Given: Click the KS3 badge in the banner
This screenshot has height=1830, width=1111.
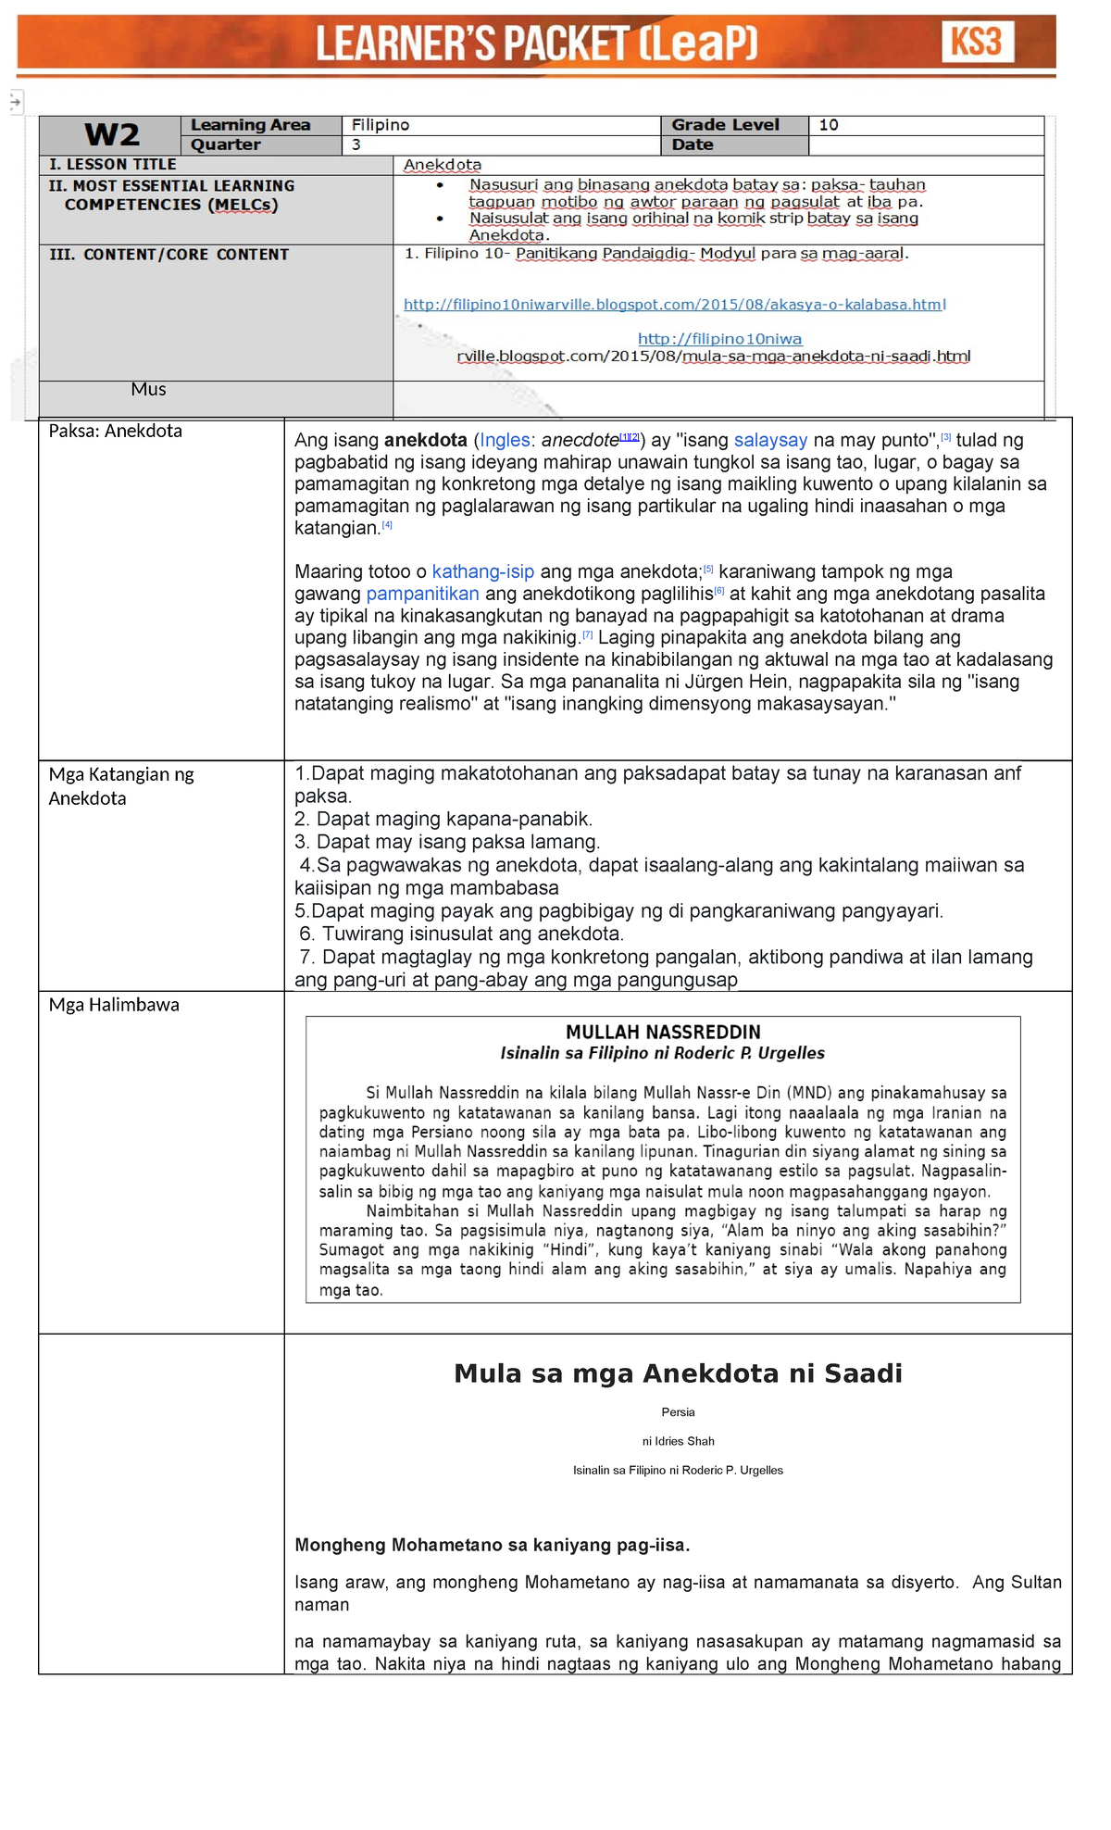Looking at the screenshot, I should (x=978, y=43).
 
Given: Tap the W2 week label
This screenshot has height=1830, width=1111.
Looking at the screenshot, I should (x=111, y=135).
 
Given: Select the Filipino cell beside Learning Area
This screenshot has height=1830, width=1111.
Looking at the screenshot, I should (x=381, y=125).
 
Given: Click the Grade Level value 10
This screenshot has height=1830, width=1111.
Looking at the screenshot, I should (x=829, y=125).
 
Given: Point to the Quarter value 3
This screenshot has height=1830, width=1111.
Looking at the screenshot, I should (x=356, y=144).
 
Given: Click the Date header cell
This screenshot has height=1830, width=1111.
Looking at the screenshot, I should (x=693, y=144).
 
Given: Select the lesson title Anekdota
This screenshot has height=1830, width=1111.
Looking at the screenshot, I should (x=443, y=165).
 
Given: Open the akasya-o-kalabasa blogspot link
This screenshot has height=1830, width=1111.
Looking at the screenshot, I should (x=674, y=305).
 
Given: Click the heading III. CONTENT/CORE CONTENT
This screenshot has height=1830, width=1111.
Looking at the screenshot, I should (x=169, y=255).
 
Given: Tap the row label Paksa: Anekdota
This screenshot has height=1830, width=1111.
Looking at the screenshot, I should (x=116, y=431).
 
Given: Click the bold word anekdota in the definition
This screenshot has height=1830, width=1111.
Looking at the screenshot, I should (x=426, y=441).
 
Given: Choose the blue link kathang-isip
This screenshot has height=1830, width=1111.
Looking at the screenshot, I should (x=482, y=572).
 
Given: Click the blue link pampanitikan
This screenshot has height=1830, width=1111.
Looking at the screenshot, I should (x=422, y=594).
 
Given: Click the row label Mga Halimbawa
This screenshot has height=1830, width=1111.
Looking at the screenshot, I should (x=114, y=1005).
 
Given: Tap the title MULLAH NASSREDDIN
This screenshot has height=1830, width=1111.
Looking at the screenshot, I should (x=663, y=1032).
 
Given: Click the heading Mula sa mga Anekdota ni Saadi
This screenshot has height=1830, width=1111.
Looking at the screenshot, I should (x=678, y=1373).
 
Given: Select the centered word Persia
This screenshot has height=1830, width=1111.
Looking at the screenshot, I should (x=678, y=1412).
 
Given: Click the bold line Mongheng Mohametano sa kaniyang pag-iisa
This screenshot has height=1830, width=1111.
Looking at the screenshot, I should (x=492, y=1545).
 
